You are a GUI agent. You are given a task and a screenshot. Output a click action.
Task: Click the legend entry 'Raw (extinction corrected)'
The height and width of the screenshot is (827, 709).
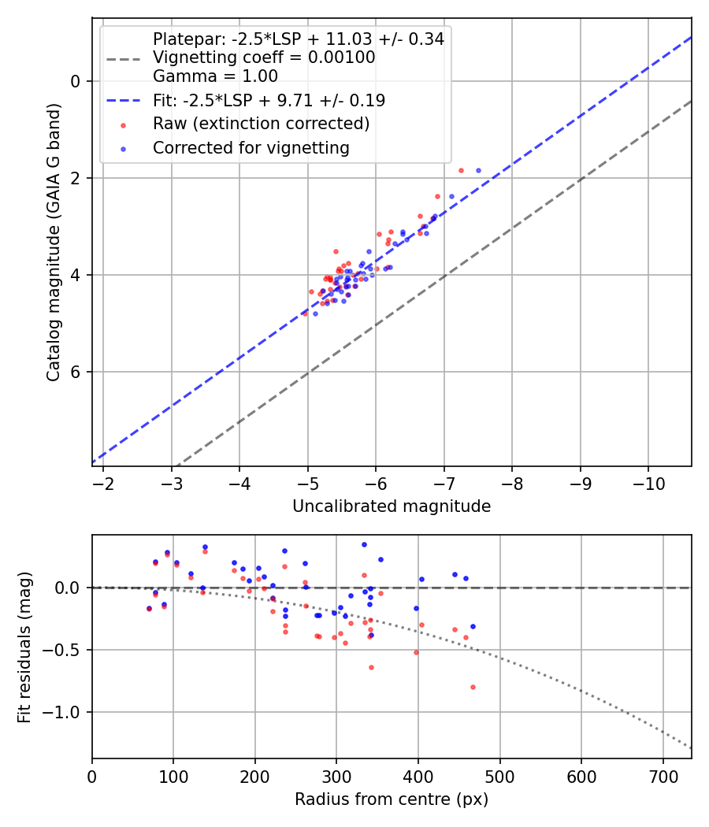[x=261, y=124]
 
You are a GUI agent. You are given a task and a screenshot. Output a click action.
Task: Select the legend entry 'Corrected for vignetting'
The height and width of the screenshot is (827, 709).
[x=251, y=147]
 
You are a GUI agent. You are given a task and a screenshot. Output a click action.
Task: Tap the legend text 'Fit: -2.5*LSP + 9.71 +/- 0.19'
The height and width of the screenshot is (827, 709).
[x=269, y=101]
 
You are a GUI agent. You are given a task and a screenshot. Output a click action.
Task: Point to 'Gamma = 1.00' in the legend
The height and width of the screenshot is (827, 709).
[x=215, y=76]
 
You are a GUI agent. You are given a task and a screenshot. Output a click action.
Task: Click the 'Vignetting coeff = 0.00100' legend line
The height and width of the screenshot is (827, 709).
[x=264, y=57]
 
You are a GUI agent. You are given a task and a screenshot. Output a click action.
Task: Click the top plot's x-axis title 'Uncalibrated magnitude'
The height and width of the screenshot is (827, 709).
[x=392, y=506]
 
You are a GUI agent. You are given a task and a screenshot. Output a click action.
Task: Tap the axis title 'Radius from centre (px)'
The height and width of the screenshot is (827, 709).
[x=392, y=799]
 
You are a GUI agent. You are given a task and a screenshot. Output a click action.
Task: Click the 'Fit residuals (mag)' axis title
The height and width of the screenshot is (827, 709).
[x=24, y=646]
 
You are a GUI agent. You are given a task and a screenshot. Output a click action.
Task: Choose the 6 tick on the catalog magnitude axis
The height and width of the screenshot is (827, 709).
[x=76, y=372]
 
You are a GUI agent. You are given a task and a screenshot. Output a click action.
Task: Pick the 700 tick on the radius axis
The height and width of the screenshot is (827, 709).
[x=663, y=776]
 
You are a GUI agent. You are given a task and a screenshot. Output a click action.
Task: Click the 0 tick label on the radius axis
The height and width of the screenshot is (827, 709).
[x=92, y=776]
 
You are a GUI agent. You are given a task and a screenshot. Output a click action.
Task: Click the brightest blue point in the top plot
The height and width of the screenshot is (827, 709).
[x=478, y=170]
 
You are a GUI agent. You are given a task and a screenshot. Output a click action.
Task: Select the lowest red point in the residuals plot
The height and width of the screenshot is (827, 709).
[x=473, y=687]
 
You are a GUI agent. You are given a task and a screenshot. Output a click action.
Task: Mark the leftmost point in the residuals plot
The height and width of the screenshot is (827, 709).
[x=149, y=608]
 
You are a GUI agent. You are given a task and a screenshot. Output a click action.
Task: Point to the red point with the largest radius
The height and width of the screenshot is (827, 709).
[x=473, y=687]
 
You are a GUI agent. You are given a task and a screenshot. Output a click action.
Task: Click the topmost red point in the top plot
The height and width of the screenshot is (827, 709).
[x=461, y=170]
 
